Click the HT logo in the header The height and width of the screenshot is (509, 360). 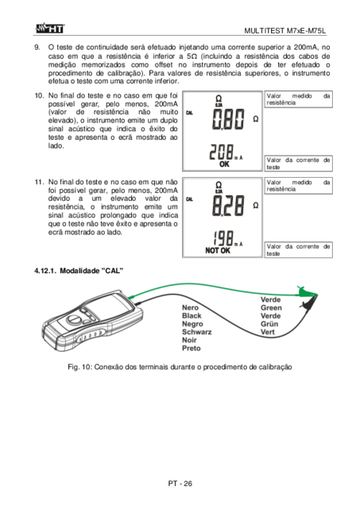coord(50,28)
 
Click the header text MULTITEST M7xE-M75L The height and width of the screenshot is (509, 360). coord(285,31)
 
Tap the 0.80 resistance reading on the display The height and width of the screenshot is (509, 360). coord(228,119)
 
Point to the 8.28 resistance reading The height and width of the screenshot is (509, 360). coord(228,206)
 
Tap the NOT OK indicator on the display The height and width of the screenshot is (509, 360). coord(218,251)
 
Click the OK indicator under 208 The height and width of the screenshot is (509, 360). coord(224,164)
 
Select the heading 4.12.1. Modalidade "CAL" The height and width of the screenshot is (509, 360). coord(79,271)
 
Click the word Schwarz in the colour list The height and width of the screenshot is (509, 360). coord(196,332)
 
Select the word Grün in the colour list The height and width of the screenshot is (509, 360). coord(269,324)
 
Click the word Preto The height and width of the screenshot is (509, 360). coord(192,349)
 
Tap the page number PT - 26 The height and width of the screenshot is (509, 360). coord(180,484)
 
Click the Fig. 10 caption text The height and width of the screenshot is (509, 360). coord(180,367)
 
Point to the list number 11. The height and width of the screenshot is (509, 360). coord(39,182)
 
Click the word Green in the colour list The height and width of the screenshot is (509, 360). coord(271,308)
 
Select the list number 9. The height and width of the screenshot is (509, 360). coord(37,48)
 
